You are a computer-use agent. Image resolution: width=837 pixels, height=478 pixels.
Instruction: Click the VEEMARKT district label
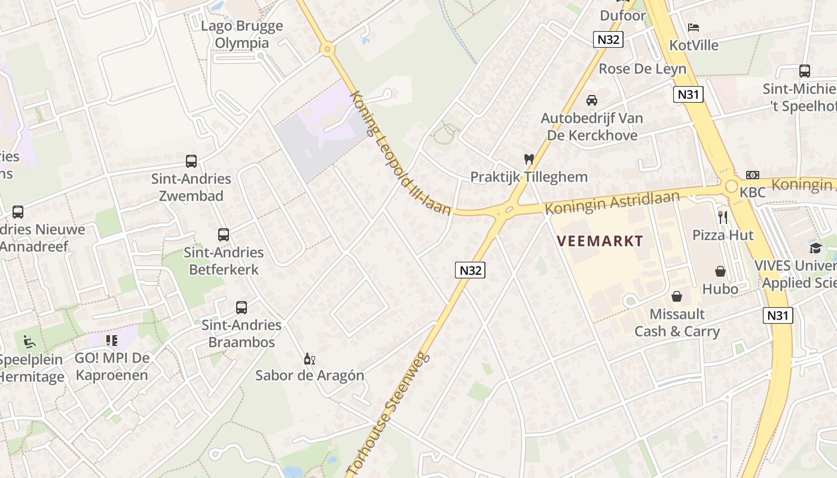[600, 241]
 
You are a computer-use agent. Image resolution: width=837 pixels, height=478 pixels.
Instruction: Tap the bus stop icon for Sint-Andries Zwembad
[191, 161]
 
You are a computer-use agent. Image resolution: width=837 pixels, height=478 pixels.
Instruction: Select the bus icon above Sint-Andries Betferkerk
[224, 235]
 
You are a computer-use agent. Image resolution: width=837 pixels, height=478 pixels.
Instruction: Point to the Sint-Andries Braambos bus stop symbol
[242, 308]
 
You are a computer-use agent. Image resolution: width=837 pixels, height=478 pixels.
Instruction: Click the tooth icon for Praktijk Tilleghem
[529, 160]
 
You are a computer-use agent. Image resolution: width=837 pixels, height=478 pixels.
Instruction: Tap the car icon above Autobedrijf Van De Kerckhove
[592, 100]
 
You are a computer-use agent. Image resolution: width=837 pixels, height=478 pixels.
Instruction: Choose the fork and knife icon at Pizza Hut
[723, 217]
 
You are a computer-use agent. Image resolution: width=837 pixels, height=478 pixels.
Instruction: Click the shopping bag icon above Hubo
[720, 271]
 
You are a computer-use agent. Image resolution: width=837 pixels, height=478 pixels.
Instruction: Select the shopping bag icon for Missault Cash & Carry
[677, 296]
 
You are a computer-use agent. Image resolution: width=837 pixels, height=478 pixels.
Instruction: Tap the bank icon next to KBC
[753, 175]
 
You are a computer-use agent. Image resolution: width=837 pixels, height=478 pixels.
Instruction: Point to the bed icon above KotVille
[694, 27]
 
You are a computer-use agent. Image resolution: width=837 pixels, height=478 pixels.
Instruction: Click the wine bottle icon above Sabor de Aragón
[310, 358]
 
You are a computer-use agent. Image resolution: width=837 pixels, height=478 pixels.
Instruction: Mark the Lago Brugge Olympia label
[242, 35]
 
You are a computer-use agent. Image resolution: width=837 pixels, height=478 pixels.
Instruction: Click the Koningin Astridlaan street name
[612, 204]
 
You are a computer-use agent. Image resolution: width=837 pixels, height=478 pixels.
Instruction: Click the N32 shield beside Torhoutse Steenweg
[470, 270]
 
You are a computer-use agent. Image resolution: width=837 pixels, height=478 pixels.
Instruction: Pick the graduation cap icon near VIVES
[815, 248]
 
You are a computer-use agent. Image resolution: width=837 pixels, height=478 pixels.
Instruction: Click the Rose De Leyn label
[643, 69]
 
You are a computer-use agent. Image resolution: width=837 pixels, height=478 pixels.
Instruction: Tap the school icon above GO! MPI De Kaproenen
[112, 341]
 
